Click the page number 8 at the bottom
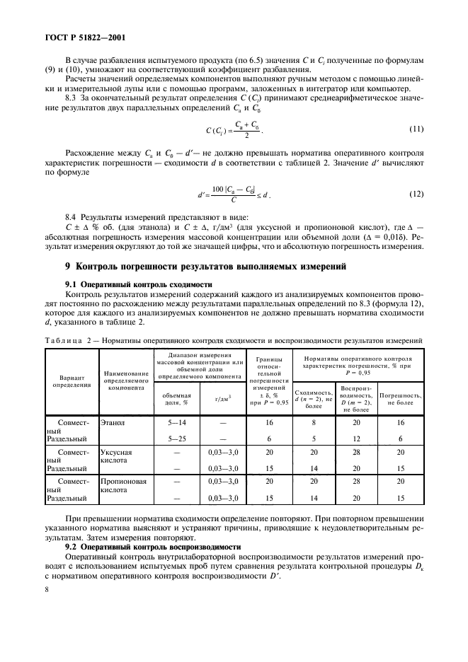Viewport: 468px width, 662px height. pyautogui.click(x=46, y=587)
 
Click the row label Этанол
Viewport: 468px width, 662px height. pyautogui.click(x=113, y=422)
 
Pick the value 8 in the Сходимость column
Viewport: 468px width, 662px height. pyautogui.click(x=312, y=422)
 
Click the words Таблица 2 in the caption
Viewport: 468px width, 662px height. pyautogui.click(x=67, y=340)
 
